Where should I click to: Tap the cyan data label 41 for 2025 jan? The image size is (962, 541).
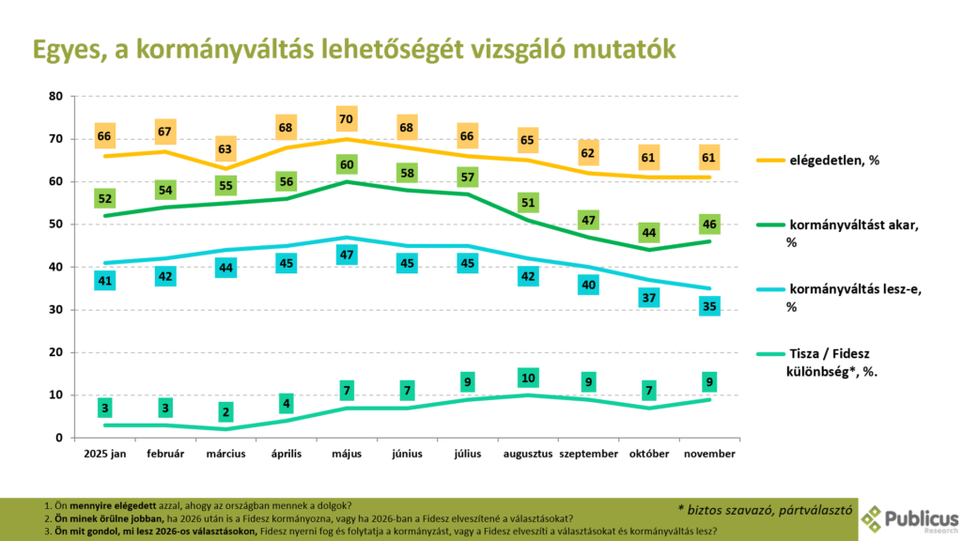(105, 279)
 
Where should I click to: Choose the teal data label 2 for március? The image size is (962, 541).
(226, 412)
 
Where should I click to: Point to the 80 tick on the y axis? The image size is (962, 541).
(54, 96)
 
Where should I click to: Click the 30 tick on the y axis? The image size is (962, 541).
(54, 310)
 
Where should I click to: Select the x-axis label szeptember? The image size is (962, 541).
(589, 454)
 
